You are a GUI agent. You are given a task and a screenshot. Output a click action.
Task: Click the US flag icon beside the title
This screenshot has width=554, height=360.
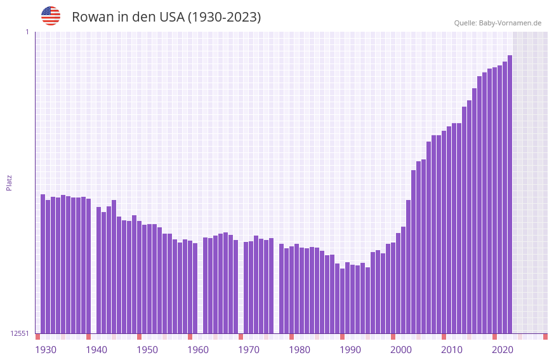click(51, 16)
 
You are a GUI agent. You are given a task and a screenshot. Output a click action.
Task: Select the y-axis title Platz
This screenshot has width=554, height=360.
click(9, 182)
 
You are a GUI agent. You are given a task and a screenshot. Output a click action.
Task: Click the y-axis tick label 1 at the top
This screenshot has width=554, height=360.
click(27, 32)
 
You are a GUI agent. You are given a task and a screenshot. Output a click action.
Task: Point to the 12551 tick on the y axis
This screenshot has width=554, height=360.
click(20, 333)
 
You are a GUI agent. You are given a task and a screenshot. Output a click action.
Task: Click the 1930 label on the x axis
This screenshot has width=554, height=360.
click(46, 350)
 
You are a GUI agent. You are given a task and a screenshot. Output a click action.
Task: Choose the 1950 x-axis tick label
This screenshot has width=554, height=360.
click(147, 350)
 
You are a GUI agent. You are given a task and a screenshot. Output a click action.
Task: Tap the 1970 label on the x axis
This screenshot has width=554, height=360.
click(249, 350)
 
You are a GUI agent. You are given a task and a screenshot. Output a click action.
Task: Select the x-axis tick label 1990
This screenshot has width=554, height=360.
click(350, 350)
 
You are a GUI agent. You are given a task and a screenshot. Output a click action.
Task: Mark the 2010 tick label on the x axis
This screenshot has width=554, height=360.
click(452, 350)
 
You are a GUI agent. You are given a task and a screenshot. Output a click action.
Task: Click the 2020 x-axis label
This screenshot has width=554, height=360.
click(503, 350)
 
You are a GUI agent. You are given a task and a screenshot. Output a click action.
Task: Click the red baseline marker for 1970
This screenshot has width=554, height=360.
click(241, 337)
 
